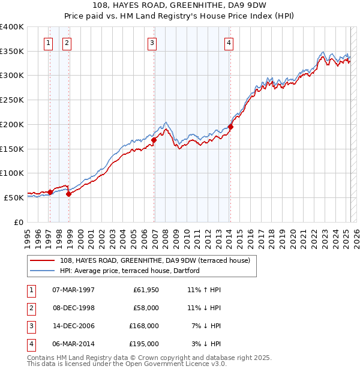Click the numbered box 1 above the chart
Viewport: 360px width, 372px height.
pos(47,43)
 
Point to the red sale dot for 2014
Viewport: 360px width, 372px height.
pos(230,127)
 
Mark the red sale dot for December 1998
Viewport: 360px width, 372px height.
pos(68,193)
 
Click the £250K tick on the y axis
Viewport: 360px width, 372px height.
pos(12,100)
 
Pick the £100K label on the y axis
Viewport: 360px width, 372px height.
pos(12,173)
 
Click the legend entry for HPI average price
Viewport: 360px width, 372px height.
pos(130,271)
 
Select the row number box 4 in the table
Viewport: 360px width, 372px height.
pos(29,344)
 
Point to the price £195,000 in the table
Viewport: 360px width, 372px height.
pos(143,344)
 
